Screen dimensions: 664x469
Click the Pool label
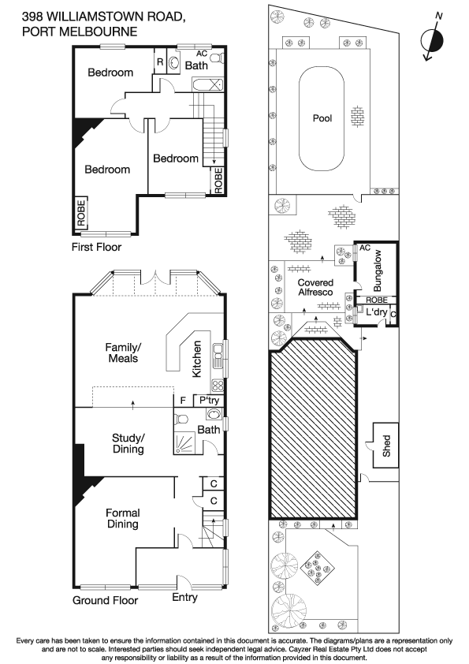pos(322,118)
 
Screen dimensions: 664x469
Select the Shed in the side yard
pos(386,448)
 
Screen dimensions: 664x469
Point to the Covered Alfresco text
pos(315,288)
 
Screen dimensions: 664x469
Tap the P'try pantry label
pos(208,401)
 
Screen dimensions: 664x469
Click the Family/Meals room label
pos(123,352)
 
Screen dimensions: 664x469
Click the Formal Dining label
pos(122,518)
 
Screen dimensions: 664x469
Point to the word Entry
pos(185,597)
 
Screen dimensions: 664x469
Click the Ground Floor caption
pos(105,600)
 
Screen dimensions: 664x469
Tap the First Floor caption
pos(97,246)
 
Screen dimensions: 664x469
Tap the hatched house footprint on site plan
pos(311,434)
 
